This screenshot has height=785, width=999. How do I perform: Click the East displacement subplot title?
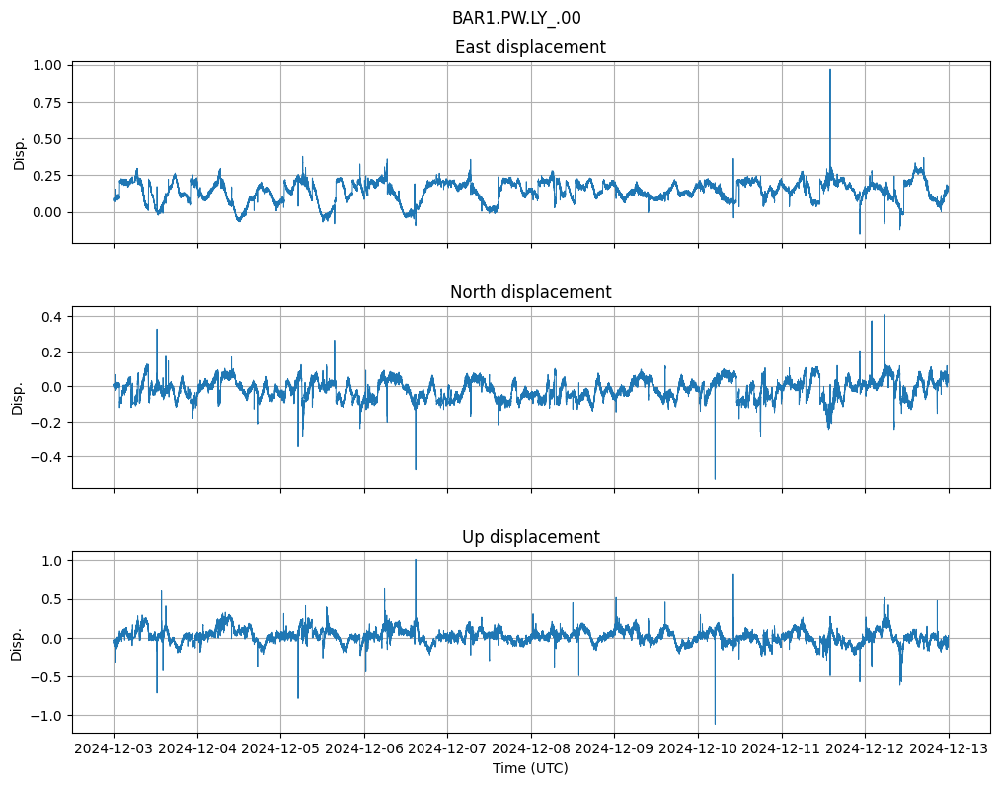click(530, 47)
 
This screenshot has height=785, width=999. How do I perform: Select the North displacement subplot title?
click(530, 292)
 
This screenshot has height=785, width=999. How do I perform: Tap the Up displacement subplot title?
click(530, 537)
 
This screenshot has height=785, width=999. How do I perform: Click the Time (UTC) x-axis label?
click(530, 768)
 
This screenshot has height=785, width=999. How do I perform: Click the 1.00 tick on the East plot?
click(47, 65)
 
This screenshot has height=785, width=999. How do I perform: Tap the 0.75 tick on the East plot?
click(47, 102)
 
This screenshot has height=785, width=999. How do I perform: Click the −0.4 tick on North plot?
click(47, 457)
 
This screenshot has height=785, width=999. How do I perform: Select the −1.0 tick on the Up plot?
click(47, 715)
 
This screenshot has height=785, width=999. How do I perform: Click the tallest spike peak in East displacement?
click(830, 69)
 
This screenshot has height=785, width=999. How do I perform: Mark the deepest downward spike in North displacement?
click(715, 479)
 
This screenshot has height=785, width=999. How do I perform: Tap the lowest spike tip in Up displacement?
click(715, 724)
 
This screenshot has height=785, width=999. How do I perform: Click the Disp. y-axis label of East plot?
click(19, 154)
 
